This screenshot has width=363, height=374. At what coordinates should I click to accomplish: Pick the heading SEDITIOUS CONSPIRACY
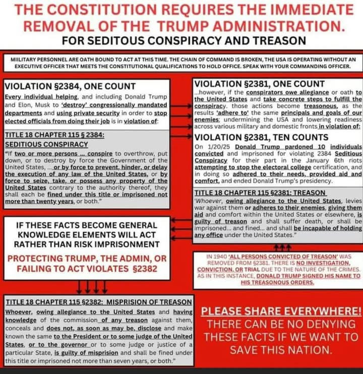pyautogui.click(x=46, y=143)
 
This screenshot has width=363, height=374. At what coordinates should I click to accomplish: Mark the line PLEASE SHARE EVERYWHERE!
pyautogui.click(x=278, y=311)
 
